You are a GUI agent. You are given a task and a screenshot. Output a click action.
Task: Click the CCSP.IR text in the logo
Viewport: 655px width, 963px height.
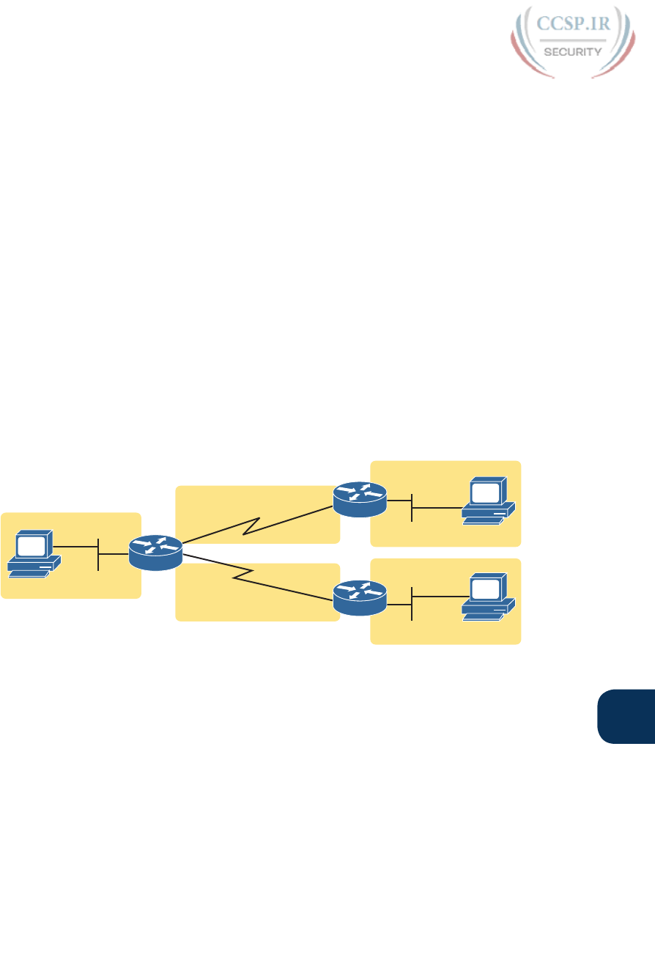(574, 25)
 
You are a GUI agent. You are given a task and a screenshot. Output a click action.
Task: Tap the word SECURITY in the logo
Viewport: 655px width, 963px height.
(574, 51)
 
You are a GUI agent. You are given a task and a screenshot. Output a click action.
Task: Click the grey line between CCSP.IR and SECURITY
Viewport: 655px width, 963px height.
(574, 40)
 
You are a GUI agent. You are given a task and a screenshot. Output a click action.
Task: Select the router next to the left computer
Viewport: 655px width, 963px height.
(155, 553)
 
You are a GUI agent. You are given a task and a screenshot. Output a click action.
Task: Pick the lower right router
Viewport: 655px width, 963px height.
(359, 597)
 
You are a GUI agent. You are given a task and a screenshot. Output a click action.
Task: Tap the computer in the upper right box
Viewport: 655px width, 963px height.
(488, 502)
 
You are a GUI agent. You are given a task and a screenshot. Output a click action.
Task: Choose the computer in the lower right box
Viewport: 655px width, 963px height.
(488, 597)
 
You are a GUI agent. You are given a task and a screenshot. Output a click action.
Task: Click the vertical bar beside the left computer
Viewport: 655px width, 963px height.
(98, 555)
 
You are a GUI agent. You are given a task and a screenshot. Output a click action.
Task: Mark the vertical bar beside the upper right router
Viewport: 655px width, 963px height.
(412, 507)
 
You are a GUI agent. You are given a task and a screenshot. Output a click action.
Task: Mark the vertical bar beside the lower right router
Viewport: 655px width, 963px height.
(412, 603)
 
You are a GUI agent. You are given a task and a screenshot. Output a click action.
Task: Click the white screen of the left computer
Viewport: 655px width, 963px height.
(31, 545)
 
